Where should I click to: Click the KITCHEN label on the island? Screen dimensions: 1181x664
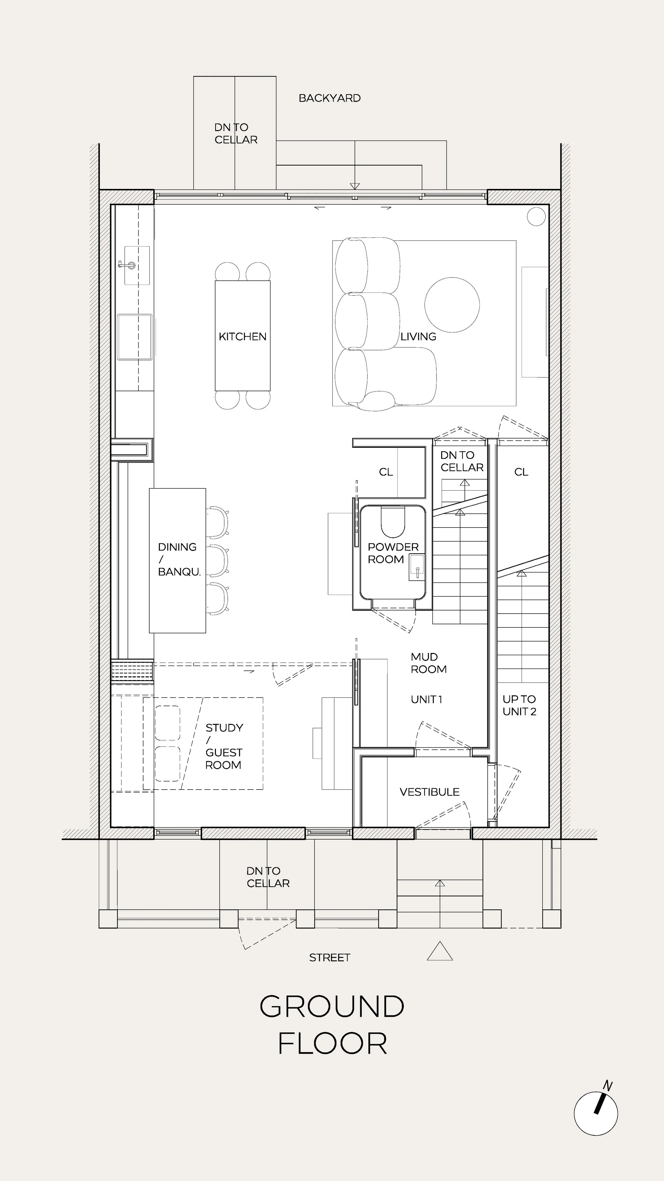click(x=242, y=336)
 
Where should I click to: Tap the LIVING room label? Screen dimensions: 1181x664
click(x=418, y=336)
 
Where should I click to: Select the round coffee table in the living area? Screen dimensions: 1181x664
click(x=452, y=305)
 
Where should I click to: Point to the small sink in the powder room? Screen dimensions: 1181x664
click(x=417, y=568)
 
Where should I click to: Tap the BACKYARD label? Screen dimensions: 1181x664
click(x=330, y=98)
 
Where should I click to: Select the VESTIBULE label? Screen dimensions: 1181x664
click(x=429, y=792)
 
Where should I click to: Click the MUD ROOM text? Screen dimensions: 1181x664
click(x=428, y=663)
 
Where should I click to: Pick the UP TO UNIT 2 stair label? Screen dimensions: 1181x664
click(x=519, y=705)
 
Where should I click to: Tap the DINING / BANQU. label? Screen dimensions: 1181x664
click(x=179, y=559)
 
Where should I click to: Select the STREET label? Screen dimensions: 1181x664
click(x=330, y=957)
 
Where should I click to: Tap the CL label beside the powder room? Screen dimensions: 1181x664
click(x=386, y=472)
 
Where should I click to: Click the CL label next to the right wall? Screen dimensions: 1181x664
click(x=521, y=472)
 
